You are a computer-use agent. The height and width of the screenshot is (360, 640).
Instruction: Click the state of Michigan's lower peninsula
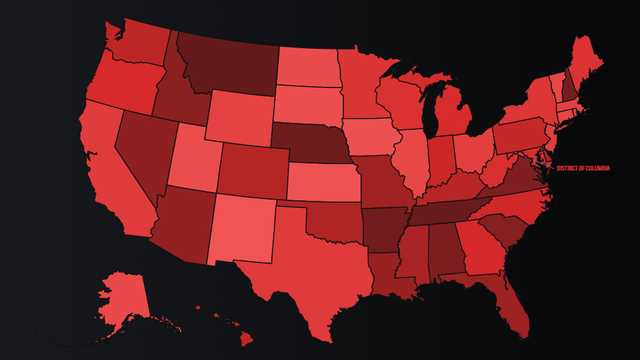454,120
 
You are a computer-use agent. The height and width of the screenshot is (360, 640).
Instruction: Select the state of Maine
586,60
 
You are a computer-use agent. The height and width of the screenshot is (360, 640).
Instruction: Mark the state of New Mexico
240,226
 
